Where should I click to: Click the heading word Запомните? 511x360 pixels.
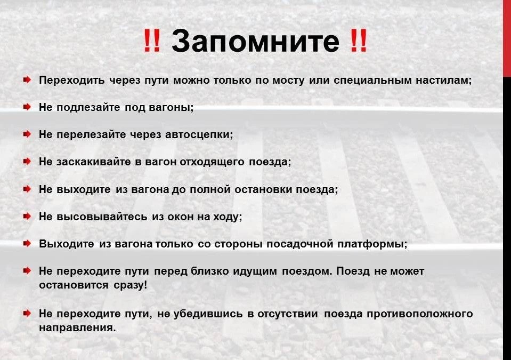pyautogui.click(x=256, y=41)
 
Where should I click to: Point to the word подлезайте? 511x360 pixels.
pyautogui.click(x=88, y=107)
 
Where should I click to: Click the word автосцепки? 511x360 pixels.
pyautogui.click(x=199, y=134)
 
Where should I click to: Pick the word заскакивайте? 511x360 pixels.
pyautogui.click(x=94, y=162)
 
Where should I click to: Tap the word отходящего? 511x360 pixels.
pyautogui.click(x=212, y=162)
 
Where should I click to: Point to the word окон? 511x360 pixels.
pyautogui.click(x=180, y=217)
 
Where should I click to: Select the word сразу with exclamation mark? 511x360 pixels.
pyautogui.click(x=131, y=285)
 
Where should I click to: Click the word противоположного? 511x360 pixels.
pyautogui.click(x=420, y=314)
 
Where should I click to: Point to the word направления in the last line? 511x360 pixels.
pyautogui.click(x=77, y=327)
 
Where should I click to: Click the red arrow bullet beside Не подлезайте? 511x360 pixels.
pyautogui.click(x=27, y=107)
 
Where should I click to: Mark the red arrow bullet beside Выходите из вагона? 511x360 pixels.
pyautogui.click(x=27, y=243)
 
